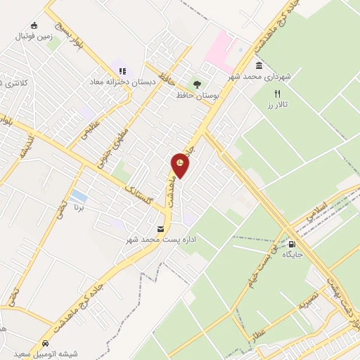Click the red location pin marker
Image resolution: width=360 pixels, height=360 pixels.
point(181,165)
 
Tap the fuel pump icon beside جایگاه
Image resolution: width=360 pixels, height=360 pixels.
point(291,245)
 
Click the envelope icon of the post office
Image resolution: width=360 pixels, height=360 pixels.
point(161,229)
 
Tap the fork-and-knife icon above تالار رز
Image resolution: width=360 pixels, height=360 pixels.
point(278,94)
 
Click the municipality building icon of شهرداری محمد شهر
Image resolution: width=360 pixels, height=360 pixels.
point(259,66)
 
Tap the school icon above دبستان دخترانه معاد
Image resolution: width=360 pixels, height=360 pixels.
point(122,71)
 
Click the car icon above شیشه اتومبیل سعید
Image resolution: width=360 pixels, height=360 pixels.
point(46,343)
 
